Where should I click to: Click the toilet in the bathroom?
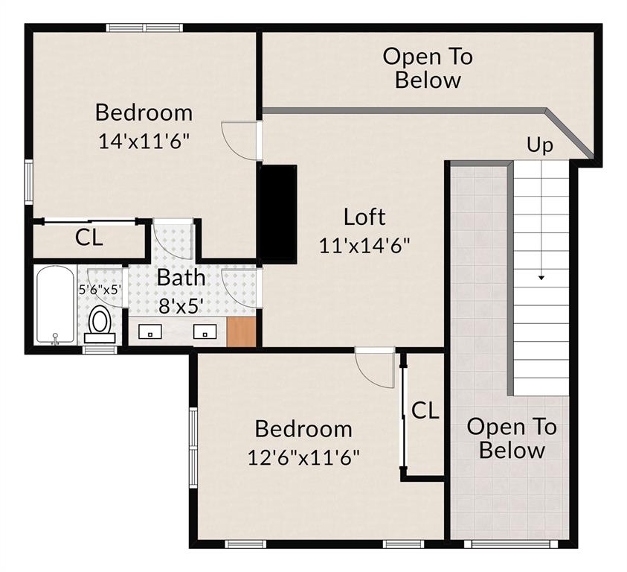[100, 322]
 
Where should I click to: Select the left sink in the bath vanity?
[151, 332]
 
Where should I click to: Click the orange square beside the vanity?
[241, 331]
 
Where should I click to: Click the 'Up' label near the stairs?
[540, 144]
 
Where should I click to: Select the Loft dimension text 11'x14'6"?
[364, 245]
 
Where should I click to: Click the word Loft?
[364, 217]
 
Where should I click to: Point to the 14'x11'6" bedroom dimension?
[144, 141]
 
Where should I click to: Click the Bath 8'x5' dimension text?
[181, 305]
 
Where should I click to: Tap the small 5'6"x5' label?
[100, 290]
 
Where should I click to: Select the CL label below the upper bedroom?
[89, 239]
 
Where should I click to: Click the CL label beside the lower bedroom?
[425, 410]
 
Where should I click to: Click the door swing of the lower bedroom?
[374, 368]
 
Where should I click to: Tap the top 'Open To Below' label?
[428, 68]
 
